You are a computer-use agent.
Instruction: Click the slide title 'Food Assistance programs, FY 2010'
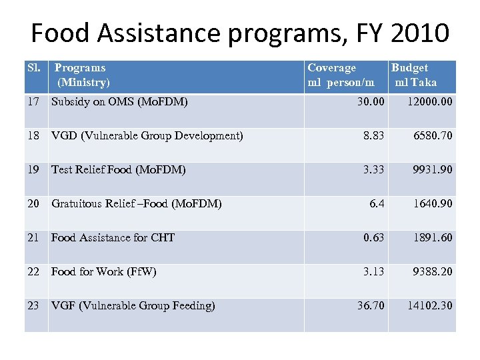click(240, 32)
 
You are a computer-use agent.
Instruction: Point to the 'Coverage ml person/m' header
click(341, 75)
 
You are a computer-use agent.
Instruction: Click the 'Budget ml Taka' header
click(414, 75)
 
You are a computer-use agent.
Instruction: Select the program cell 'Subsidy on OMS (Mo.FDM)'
click(119, 102)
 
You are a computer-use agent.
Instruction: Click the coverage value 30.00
click(371, 102)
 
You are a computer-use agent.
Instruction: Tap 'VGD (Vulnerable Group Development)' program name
click(147, 136)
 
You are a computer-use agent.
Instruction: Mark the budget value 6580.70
click(433, 136)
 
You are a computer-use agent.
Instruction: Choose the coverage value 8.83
click(373, 136)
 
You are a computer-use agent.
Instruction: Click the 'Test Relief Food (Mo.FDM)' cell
click(118, 170)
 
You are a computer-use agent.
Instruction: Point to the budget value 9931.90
click(433, 170)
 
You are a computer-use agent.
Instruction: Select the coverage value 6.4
click(377, 203)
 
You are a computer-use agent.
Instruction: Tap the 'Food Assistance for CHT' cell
click(113, 237)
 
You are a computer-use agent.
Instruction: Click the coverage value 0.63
click(373, 237)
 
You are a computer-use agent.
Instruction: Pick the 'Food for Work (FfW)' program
click(103, 271)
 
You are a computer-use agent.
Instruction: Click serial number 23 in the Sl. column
click(34, 305)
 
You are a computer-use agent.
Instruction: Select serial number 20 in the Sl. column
click(34, 203)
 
